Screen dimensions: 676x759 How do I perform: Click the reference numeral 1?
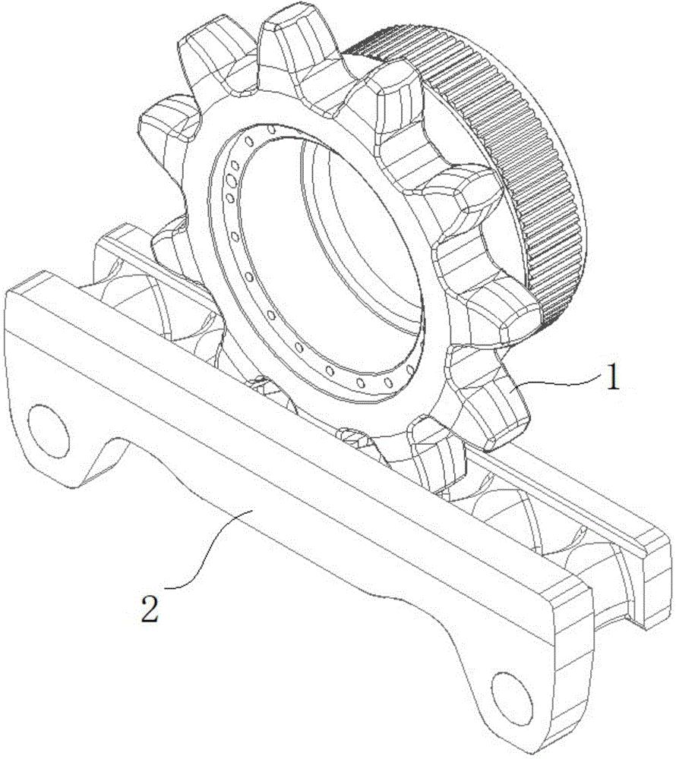[613, 379]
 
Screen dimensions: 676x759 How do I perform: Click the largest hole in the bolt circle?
[231, 181]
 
